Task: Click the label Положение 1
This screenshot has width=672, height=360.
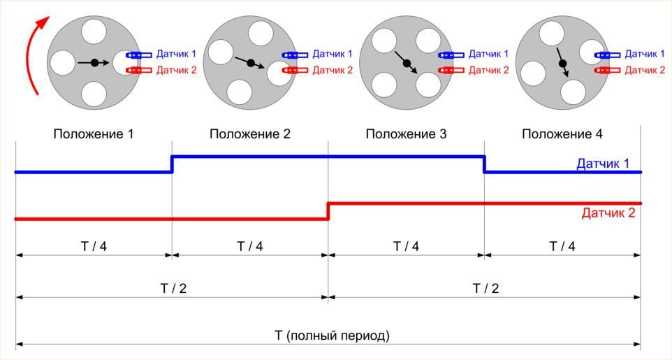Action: click(x=93, y=134)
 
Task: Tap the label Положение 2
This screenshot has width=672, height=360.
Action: click(x=249, y=134)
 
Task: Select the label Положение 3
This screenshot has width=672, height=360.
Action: click(x=406, y=134)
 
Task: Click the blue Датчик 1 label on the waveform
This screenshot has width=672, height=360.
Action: click(x=603, y=164)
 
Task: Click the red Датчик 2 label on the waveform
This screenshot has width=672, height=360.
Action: click(x=608, y=213)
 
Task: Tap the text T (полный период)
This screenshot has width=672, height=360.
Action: click(x=332, y=336)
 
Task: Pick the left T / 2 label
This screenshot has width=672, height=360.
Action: click(x=172, y=289)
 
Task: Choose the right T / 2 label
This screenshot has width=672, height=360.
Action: click(x=485, y=289)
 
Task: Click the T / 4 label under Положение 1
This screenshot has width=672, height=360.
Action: click(x=93, y=246)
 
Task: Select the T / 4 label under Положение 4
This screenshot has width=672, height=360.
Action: click(x=562, y=246)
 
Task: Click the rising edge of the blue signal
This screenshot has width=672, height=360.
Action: click(x=172, y=164)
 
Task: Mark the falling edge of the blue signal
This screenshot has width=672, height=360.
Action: click(x=485, y=164)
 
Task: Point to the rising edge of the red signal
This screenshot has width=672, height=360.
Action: click(x=328, y=211)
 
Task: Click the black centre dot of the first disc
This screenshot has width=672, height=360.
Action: click(x=94, y=63)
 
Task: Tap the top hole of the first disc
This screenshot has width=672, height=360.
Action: click(x=93, y=31)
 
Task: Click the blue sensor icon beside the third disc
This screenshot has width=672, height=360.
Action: click(x=451, y=55)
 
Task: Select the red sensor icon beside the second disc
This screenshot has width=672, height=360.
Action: click(x=294, y=70)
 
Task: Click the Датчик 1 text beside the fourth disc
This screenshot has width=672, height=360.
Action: click(x=644, y=54)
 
